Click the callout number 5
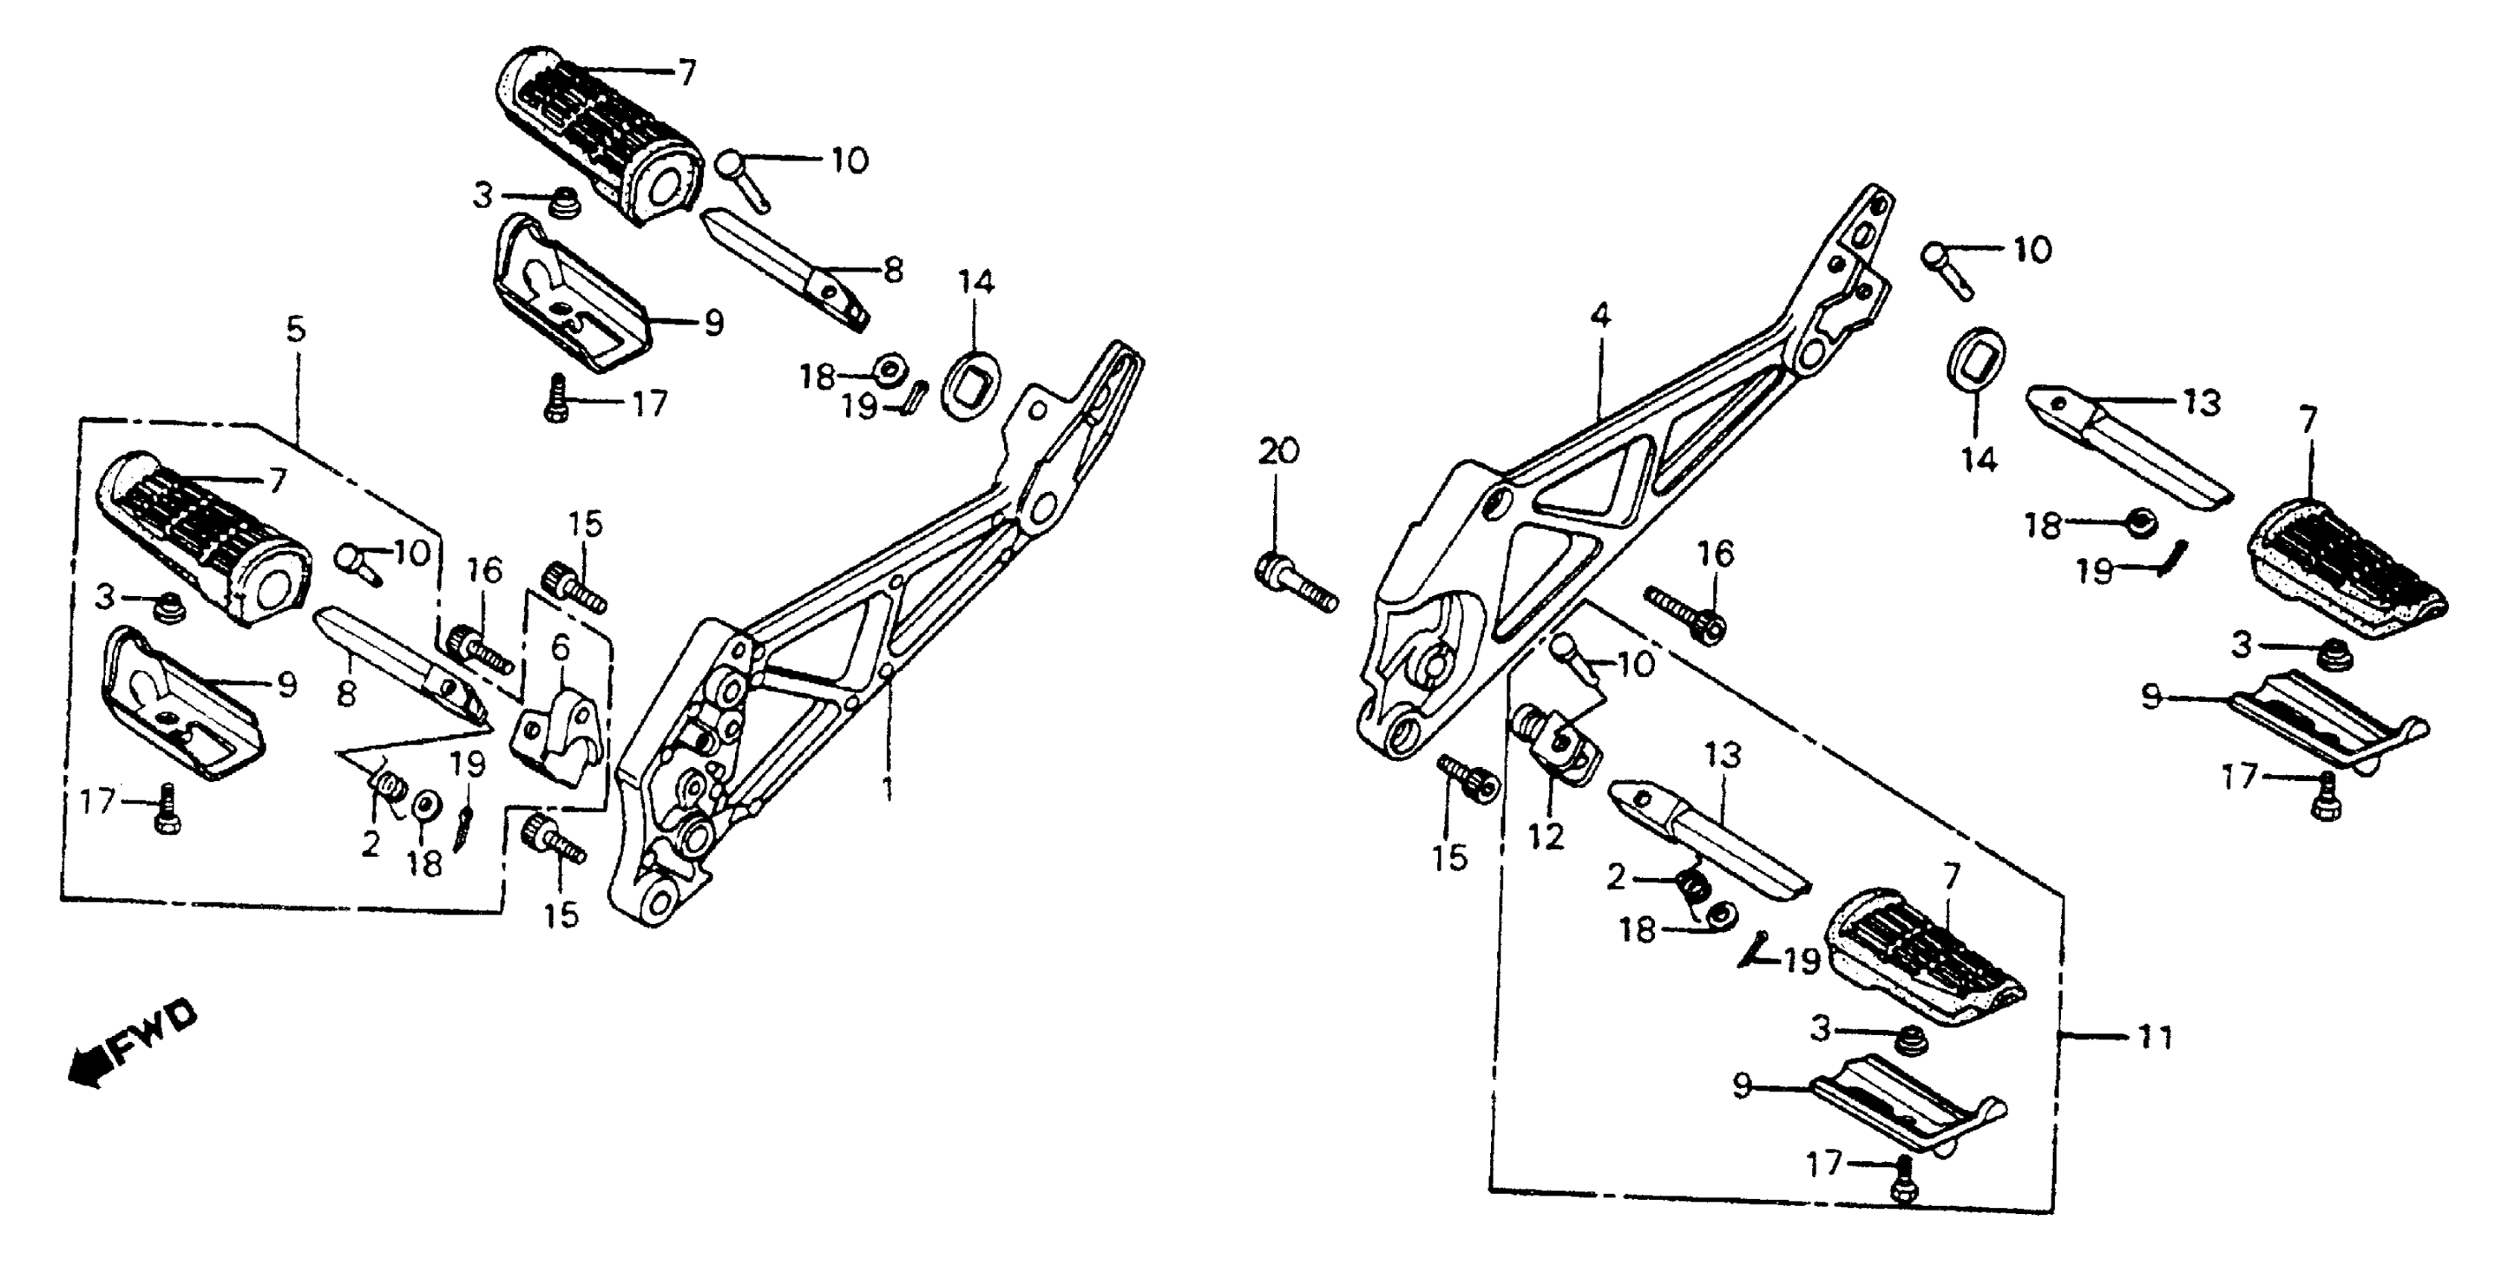295,329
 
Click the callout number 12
1546,836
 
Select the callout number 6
560,647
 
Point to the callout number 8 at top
892,269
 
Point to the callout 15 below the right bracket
1450,857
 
